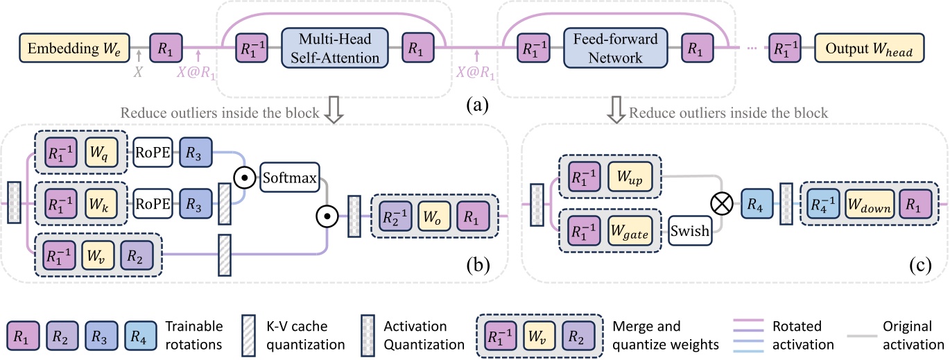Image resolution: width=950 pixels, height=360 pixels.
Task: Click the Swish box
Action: click(691, 231)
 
